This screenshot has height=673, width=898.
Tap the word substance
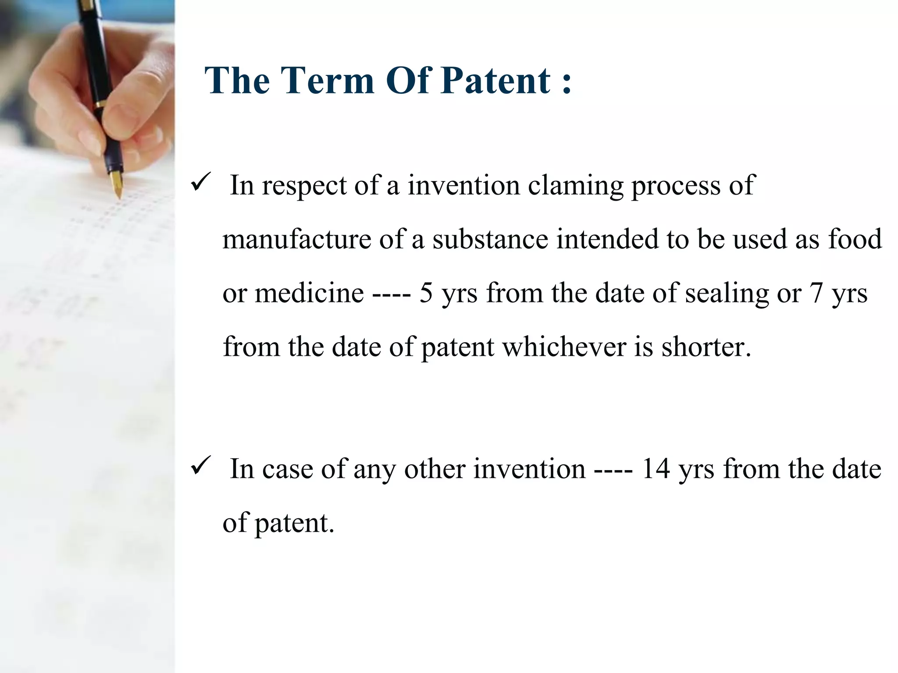tap(490, 240)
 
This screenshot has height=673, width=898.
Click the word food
tap(855, 240)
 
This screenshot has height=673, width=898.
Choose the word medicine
tap(309, 293)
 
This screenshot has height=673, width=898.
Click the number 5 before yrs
tap(426, 293)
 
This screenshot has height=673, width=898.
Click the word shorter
tap(706, 347)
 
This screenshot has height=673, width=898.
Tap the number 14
tap(656, 469)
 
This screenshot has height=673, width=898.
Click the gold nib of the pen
tap(117, 184)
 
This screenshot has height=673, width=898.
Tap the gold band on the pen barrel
tap(100, 105)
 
